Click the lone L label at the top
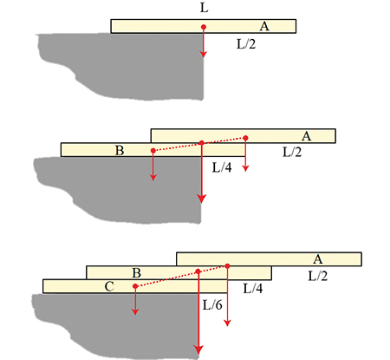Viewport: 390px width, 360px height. click(204, 8)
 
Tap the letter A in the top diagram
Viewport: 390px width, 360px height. click(264, 26)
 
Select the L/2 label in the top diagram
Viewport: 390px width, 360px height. click(246, 44)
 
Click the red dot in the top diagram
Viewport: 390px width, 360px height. click(204, 27)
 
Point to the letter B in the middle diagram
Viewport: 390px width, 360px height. click(120, 150)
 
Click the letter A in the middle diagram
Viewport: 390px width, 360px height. click(306, 136)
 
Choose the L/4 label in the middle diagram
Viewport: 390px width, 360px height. click(222, 167)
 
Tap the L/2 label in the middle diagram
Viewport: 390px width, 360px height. click(292, 152)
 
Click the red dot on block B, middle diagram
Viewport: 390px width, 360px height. click(153, 150)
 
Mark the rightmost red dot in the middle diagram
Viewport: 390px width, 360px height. click(245, 138)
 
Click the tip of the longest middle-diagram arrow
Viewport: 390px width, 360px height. click(201, 203)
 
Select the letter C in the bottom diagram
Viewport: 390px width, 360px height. click(109, 286)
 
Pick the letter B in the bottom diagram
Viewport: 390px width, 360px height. click(136, 273)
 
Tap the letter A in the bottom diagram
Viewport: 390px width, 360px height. click(318, 259)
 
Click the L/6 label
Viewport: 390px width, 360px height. click(212, 305)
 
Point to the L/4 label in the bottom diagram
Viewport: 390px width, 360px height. click(253, 289)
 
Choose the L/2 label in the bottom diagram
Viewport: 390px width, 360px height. click(318, 277)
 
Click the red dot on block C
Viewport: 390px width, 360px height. click(135, 286)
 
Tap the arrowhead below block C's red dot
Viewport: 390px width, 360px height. click(135, 311)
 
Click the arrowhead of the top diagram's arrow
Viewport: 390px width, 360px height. click(204, 55)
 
